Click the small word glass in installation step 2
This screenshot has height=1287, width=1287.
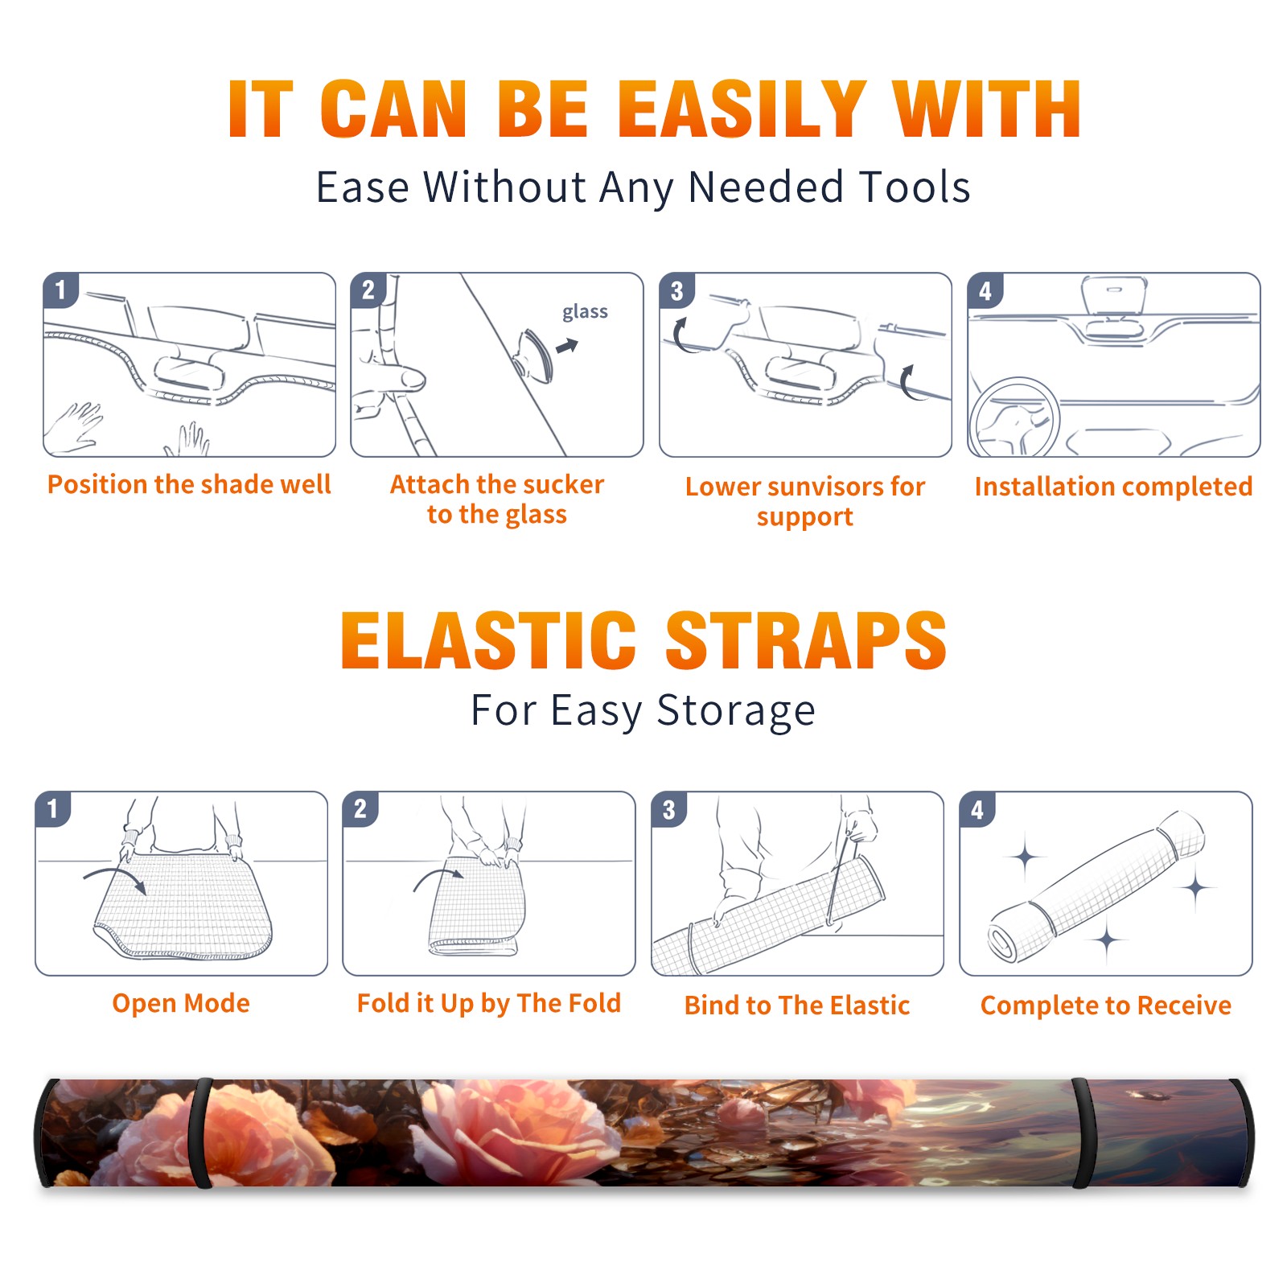pos(585,311)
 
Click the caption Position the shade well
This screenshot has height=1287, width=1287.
pos(189,484)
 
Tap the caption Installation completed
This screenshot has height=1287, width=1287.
pos(1113,486)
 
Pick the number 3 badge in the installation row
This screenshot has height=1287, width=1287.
pos(676,290)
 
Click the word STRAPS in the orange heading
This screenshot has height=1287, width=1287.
pos(806,640)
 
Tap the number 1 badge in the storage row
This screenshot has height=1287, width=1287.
pos(53,808)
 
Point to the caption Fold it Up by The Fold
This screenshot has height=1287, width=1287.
pos(489,1003)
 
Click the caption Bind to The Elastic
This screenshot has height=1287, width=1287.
pos(797,1005)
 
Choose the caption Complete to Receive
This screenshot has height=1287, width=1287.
pos(1106,1005)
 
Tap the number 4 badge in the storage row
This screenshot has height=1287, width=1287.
pos(977,808)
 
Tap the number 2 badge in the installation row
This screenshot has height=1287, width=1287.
pos(368,290)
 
